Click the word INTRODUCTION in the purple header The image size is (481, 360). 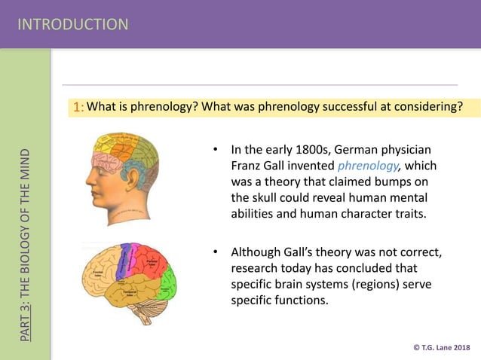click(73, 24)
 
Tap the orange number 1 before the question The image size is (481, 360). click(78, 108)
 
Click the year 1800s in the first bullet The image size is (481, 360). click(302, 148)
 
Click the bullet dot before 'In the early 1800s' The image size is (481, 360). click(215, 148)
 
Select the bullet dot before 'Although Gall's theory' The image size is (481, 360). click(215, 252)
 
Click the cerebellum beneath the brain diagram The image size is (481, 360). click(151, 309)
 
